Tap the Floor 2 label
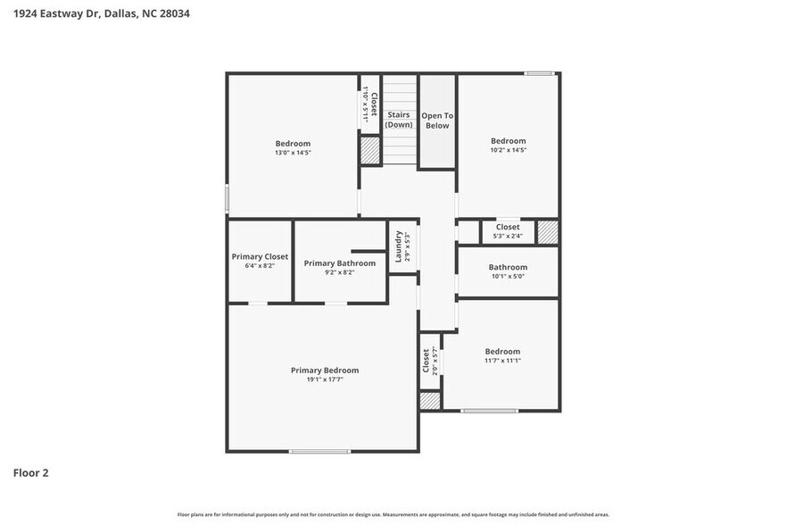coord(30,472)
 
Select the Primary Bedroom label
coord(325,370)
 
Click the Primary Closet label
coord(260,256)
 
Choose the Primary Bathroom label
coord(339,263)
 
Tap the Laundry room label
coord(398,246)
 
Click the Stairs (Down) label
coord(399,120)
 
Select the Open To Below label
coord(437,121)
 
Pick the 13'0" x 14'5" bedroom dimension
coord(293,153)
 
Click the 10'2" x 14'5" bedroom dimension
coord(509,150)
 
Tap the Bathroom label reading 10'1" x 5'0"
coord(508,267)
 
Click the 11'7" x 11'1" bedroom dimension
coord(502,361)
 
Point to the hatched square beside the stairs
coord(369,150)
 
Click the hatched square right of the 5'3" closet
coord(547,232)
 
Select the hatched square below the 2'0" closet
coord(430,401)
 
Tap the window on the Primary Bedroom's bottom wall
coord(319,451)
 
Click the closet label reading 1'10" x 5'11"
coord(369,105)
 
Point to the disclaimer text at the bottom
coord(393,514)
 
